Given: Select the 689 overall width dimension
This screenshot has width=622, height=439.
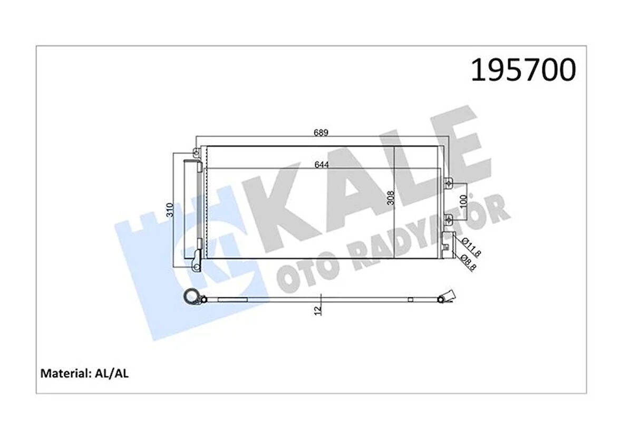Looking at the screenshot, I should pos(321,133).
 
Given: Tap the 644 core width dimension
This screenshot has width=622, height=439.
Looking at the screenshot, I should pos(321,164).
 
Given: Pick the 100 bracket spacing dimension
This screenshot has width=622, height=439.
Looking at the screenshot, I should pos(463,201).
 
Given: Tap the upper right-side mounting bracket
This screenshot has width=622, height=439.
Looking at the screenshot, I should pos(448,183).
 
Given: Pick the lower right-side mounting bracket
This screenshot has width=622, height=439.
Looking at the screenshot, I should pos(448,218).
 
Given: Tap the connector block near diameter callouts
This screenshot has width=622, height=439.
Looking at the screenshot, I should pos(448,239).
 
